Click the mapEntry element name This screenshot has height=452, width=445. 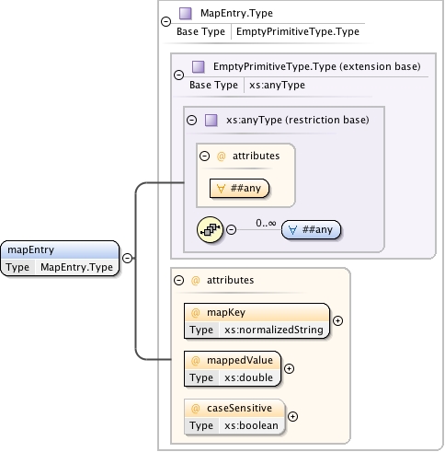[x=30, y=249]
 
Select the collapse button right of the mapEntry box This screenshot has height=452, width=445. [x=127, y=258]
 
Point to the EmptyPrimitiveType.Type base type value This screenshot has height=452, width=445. [x=297, y=31]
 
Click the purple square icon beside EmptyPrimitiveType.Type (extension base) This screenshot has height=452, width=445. [x=198, y=67]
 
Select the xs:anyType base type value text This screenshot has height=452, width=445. [x=277, y=85]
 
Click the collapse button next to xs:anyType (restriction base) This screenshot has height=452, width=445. [x=191, y=120]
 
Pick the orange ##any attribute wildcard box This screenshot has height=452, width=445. [x=238, y=189]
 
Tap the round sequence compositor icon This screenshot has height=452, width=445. [x=211, y=228]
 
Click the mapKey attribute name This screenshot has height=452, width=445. [x=224, y=312]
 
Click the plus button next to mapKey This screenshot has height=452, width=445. [x=337, y=320]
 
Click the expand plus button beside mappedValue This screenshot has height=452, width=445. [x=289, y=368]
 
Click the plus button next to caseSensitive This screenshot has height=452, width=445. [x=293, y=416]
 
